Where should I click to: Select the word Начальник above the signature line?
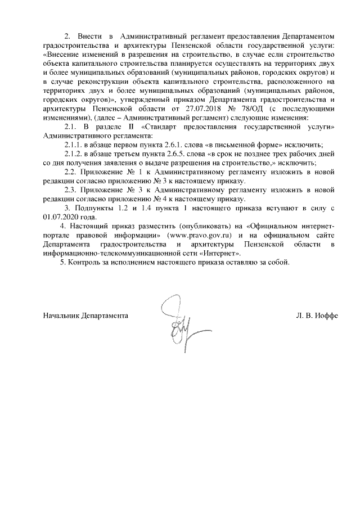pyautogui.click(x=60, y=316)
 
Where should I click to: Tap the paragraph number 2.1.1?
pyautogui.click(x=73, y=145)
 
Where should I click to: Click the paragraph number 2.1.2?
pyautogui.click(x=73, y=154)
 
